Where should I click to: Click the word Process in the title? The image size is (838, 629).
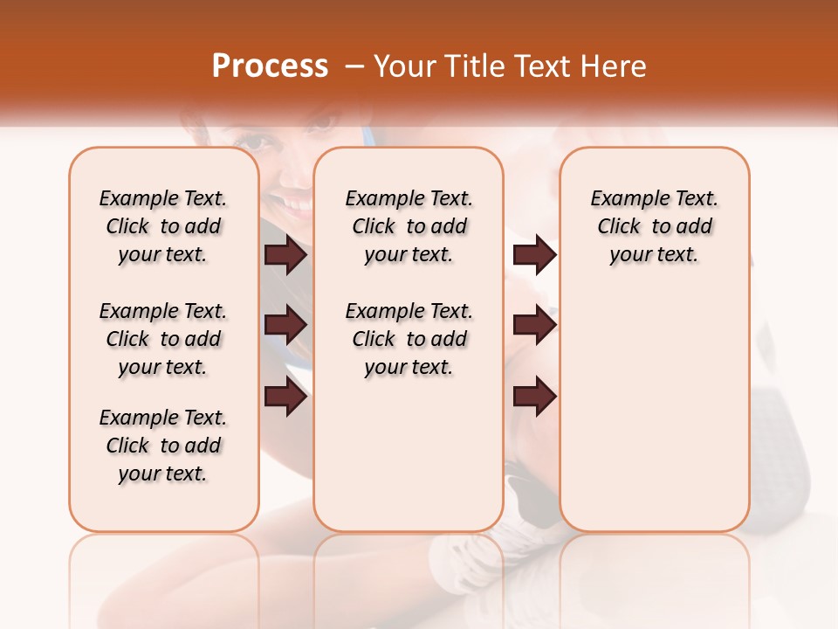[270, 66]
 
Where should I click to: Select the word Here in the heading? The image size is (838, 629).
[615, 66]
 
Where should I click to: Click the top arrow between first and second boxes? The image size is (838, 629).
[285, 255]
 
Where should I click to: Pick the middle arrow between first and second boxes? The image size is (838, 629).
[285, 326]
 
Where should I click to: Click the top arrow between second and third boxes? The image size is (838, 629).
[534, 255]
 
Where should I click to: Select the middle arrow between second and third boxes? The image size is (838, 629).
[534, 326]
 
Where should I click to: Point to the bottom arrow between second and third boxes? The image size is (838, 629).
[534, 397]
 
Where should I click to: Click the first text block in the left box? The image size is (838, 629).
[163, 226]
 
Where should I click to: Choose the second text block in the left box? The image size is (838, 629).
[163, 339]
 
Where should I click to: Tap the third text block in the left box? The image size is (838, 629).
[163, 446]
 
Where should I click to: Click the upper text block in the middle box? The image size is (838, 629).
[409, 226]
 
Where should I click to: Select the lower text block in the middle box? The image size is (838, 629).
[409, 339]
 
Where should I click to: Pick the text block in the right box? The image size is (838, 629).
[654, 226]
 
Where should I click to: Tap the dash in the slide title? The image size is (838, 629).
[354, 66]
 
